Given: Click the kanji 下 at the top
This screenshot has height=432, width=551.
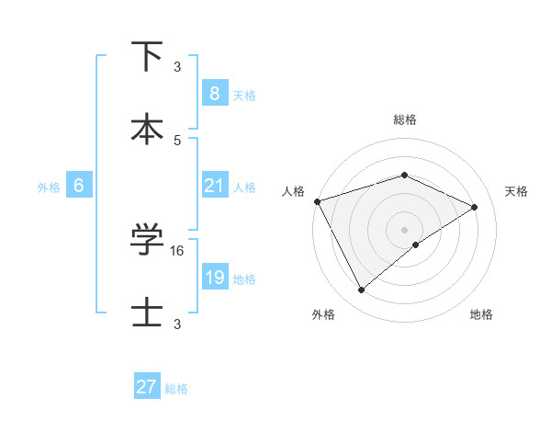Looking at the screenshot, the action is click(147, 56).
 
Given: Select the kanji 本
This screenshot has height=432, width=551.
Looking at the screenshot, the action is click(147, 128).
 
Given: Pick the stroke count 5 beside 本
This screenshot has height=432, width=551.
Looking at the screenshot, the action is click(177, 140).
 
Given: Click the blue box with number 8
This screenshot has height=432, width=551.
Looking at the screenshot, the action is click(214, 94).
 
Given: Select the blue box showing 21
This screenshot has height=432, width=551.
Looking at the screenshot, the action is click(214, 186).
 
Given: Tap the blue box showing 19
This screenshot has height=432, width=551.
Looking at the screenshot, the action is click(214, 278).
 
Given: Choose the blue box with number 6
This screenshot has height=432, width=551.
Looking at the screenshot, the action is click(79, 186).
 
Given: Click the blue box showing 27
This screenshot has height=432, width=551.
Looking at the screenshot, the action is click(147, 387).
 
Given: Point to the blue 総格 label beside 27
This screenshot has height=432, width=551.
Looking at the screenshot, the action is click(176, 389).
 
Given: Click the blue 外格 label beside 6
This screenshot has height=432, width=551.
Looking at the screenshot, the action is click(49, 187).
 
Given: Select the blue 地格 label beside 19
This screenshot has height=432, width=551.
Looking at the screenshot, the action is click(244, 279).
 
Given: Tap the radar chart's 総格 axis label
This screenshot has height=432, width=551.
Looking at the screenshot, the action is click(404, 119).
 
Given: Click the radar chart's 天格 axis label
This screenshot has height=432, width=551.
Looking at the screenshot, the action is click(516, 191).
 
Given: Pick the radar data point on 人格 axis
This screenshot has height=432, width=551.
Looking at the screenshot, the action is click(317, 201).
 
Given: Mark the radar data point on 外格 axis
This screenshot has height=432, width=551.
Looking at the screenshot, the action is click(362, 290).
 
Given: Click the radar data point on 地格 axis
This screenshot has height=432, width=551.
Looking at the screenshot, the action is click(416, 244).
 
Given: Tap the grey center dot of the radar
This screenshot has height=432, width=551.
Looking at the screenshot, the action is click(404, 229).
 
